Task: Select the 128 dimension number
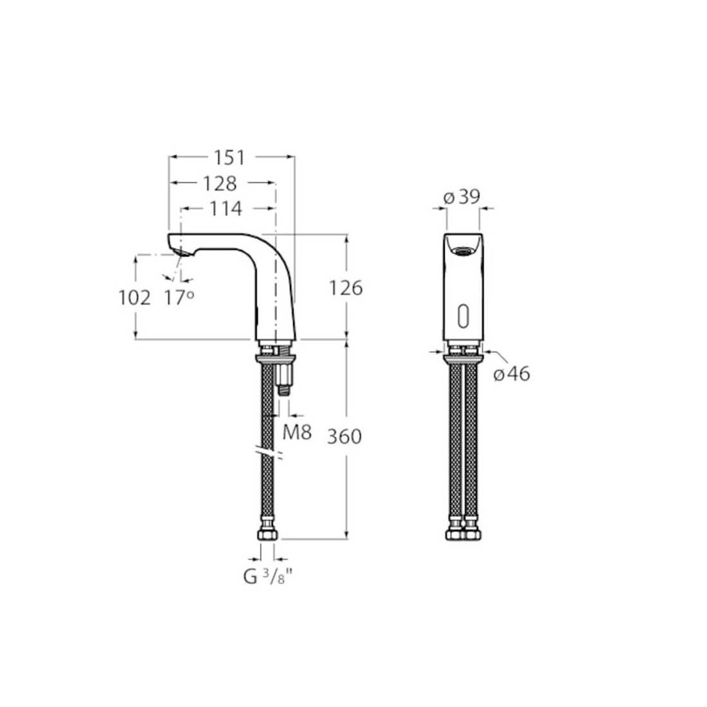coord(220,183)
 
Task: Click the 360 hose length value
coord(345,437)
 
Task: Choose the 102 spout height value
coord(135,298)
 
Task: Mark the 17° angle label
coord(179,298)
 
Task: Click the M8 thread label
coord(297,433)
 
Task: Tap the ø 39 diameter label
coord(462,197)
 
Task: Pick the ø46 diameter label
coord(512,373)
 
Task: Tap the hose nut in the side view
coord(268,535)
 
